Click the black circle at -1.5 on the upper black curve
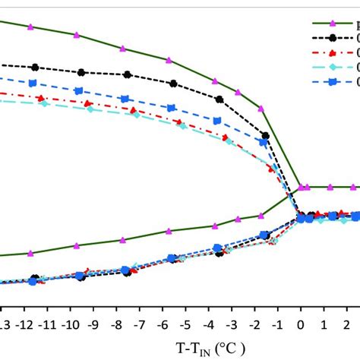point(265,136)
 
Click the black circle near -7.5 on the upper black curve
point(128,74)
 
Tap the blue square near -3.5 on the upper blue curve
point(217,120)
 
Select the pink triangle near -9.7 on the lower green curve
point(77,245)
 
